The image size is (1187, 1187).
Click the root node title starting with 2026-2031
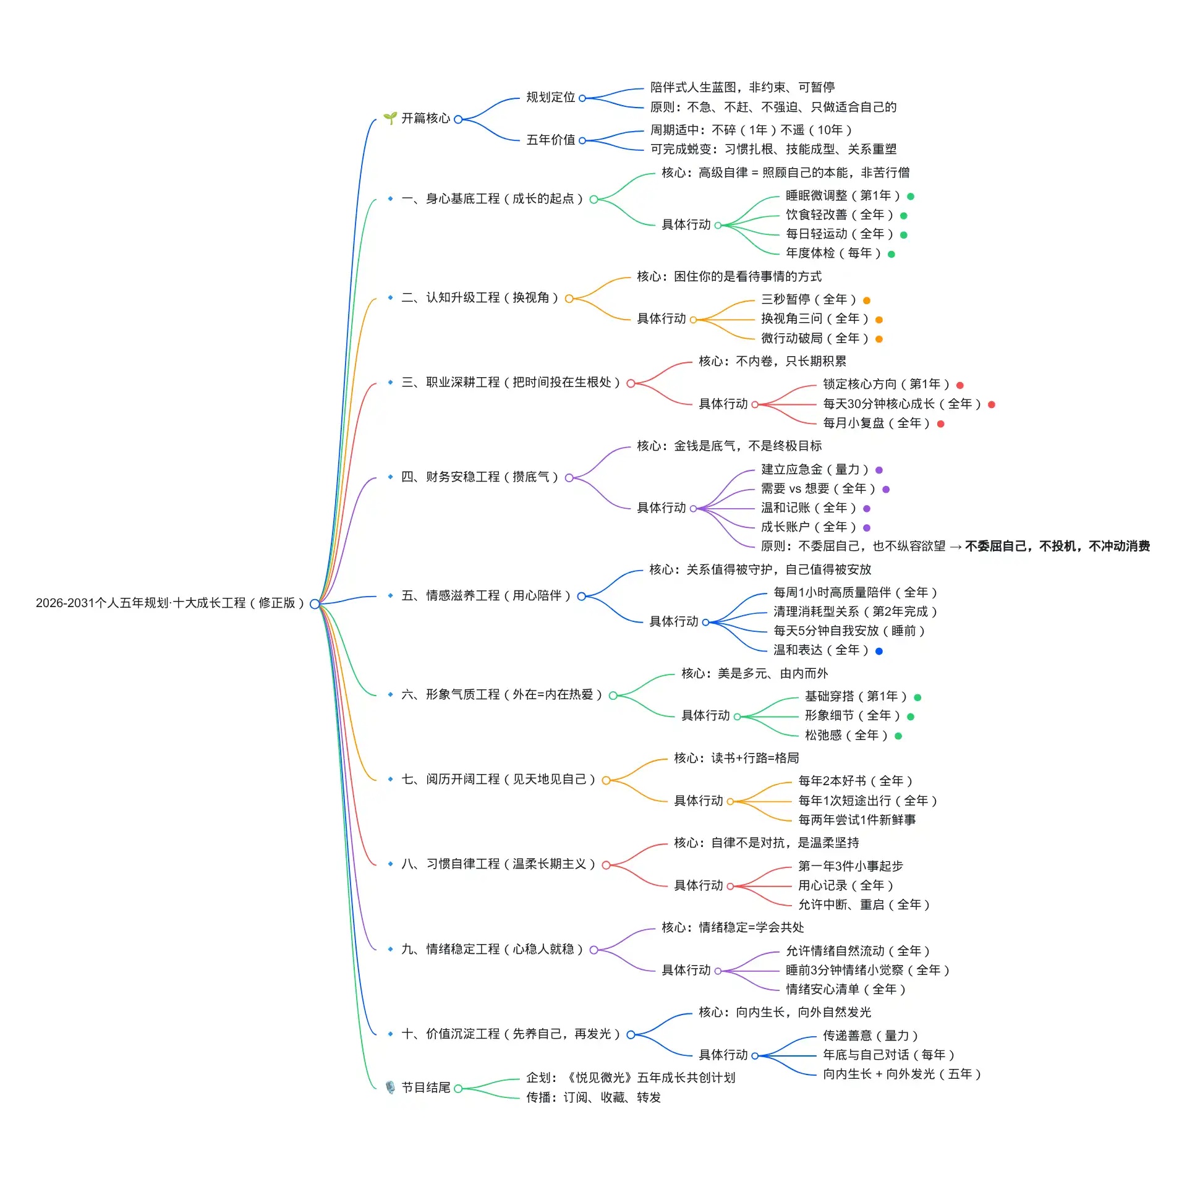(170, 603)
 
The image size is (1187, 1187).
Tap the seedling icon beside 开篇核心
(389, 118)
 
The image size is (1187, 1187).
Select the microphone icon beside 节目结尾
(390, 1087)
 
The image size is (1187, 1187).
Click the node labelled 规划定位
(550, 98)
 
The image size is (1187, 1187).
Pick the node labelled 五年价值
(550, 140)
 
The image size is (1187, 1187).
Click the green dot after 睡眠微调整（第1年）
(911, 197)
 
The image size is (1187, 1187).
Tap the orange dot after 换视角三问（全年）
(879, 320)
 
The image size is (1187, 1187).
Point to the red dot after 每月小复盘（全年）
(941, 424)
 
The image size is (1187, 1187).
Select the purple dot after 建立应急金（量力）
(879, 470)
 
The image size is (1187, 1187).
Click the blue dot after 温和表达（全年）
(879, 651)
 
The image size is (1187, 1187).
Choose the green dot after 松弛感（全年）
(898, 736)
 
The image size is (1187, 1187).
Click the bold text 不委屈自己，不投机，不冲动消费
(1057, 547)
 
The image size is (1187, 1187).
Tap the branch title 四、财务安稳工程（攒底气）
(480, 477)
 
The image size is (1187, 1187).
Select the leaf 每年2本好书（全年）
(855, 781)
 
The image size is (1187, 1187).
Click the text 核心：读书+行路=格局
(736, 759)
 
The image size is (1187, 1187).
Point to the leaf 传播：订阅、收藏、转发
(593, 1097)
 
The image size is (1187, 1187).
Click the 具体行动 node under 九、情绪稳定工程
(686, 970)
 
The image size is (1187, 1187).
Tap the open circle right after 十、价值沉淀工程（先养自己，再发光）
(631, 1034)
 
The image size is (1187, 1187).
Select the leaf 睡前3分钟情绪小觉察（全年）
(867, 970)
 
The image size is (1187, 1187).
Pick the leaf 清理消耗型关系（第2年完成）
(855, 612)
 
